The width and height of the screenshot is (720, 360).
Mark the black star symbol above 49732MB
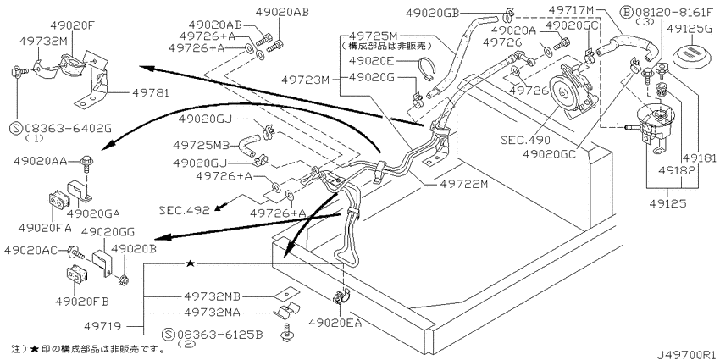tap(191, 265)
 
